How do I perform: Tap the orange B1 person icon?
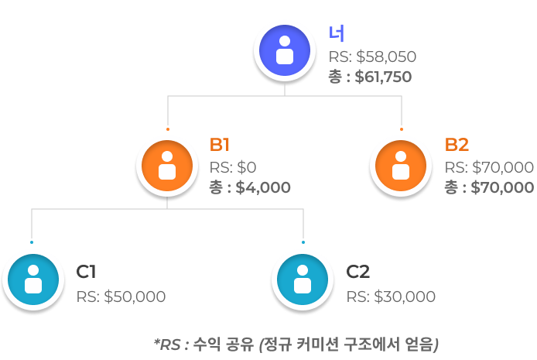click(x=166, y=166)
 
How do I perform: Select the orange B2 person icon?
click(x=401, y=166)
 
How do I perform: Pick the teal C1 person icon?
click(x=32, y=279)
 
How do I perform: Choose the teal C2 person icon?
click(x=303, y=279)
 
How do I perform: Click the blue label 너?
click(x=337, y=33)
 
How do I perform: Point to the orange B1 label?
click(x=221, y=146)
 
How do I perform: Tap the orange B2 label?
click(x=457, y=146)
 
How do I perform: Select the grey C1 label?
click(x=86, y=272)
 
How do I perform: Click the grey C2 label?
click(x=357, y=272)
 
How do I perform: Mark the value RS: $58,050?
click(x=373, y=57)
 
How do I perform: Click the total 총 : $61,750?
click(x=370, y=77)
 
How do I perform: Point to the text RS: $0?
click(x=233, y=167)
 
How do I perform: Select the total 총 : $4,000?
click(x=250, y=187)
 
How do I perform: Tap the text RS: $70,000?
click(x=489, y=167)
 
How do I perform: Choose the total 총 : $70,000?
click(x=489, y=187)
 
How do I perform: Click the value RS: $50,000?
click(x=121, y=297)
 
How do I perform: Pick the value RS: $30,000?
click(x=391, y=297)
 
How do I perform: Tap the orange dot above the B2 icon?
click(x=402, y=129)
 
